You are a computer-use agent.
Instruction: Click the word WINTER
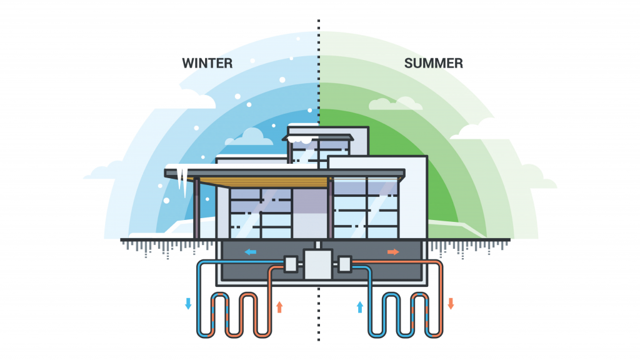pyautogui.click(x=207, y=63)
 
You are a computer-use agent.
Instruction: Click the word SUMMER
pyautogui.click(x=434, y=63)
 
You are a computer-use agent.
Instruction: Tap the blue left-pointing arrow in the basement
pyautogui.click(x=250, y=252)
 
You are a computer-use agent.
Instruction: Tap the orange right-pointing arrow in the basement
pyautogui.click(x=393, y=252)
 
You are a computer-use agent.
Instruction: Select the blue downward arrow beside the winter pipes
pyautogui.click(x=188, y=304)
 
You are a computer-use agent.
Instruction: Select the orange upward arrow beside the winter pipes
pyautogui.click(x=279, y=307)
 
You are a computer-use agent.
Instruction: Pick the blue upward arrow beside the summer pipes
pyautogui.click(x=360, y=307)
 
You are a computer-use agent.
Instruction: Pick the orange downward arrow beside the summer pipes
pyautogui.click(x=451, y=304)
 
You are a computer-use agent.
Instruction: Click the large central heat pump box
pyautogui.click(x=318, y=264)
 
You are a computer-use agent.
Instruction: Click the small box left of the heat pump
pyautogui.click(x=291, y=264)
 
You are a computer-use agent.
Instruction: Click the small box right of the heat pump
pyautogui.click(x=345, y=264)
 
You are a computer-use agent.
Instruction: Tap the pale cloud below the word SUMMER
pyautogui.click(x=395, y=104)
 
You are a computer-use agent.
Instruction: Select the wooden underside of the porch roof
pyautogui.click(x=261, y=182)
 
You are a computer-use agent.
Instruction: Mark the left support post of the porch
pyautogui.click(x=196, y=208)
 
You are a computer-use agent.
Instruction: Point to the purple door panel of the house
pyautogui.click(x=310, y=213)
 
